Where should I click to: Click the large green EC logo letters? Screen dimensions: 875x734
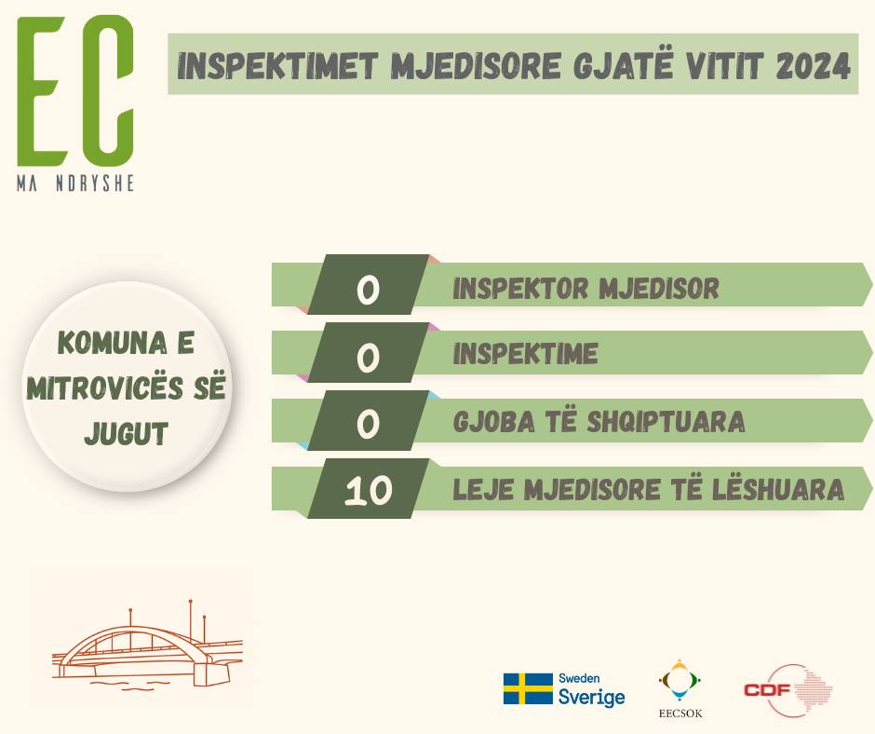pyautogui.click(x=75, y=91)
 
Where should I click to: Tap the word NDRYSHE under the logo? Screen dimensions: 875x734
pyautogui.click(x=95, y=183)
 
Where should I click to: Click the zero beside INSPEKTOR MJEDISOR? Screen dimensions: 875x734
pyautogui.click(x=368, y=290)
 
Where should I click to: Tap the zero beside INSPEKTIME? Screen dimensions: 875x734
pyautogui.click(x=368, y=357)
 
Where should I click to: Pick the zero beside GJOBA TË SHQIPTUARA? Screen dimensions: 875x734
pyautogui.click(x=368, y=424)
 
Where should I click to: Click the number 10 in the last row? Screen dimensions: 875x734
pyautogui.click(x=368, y=492)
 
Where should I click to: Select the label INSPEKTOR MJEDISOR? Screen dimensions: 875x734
pyautogui.click(x=586, y=288)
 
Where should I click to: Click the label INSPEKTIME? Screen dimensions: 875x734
pyautogui.click(x=526, y=354)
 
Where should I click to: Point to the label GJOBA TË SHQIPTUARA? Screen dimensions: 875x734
pyautogui.click(x=599, y=422)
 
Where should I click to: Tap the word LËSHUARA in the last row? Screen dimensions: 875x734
pyautogui.click(x=778, y=489)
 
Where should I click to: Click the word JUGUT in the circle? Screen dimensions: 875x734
pyautogui.click(x=126, y=433)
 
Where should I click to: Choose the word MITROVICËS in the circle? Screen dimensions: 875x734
pyautogui.click(x=105, y=387)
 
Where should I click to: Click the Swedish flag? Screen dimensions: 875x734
pyautogui.click(x=528, y=688)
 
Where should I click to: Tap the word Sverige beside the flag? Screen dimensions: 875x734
pyautogui.click(x=591, y=697)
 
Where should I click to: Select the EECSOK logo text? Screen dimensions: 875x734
pyautogui.click(x=680, y=714)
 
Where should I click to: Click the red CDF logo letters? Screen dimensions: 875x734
pyautogui.click(x=767, y=690)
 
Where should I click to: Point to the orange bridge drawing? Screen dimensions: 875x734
pyautogui.click(x=148, y=644)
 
